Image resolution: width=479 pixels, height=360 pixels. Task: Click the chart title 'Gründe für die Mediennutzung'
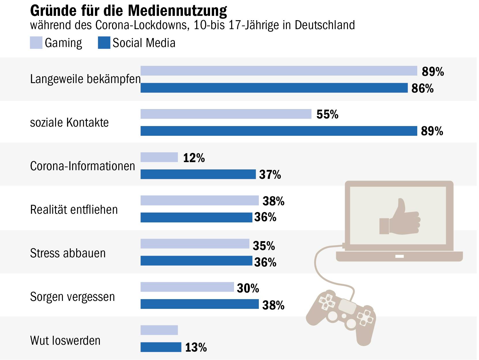(x=128, y=10)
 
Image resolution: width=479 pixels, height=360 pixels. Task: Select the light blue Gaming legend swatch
(x=36, y=43)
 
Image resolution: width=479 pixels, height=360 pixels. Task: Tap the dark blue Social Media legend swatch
(x=104, y=43)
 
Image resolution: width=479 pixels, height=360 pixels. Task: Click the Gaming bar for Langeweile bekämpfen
(x=279, y=71)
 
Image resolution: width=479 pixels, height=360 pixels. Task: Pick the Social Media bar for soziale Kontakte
(x=279, y=131)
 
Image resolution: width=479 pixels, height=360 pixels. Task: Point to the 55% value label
(x=327, y=115)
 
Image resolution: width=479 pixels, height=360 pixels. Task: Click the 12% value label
(x=194, y=158)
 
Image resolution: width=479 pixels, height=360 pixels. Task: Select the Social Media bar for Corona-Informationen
(x=198, y=174)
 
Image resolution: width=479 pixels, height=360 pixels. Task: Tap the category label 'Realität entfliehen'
(x=74, y=210)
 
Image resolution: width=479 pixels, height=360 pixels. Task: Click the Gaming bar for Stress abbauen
(x=195, y=244)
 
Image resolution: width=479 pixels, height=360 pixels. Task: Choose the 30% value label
(x=248, y=288)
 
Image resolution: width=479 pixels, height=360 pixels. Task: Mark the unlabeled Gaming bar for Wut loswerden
(x=159, y=330)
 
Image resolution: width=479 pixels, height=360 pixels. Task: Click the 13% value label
(x=196, y=348)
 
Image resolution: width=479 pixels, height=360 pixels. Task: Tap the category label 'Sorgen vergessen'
(x=72, y=297)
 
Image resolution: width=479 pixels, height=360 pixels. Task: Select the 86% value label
(x=422, y=88)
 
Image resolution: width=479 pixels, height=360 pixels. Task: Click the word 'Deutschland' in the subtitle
(x=325, y=25)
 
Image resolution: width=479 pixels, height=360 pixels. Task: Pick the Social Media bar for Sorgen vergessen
(x=199, y=304)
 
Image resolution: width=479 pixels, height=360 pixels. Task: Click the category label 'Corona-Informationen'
(x=83, y=166)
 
